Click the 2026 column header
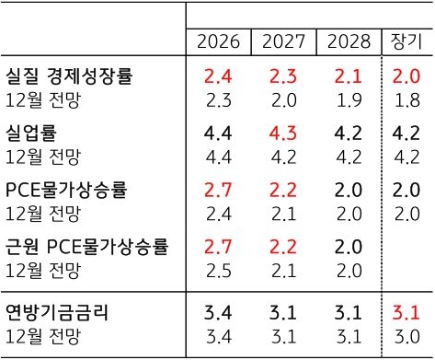tap(218, 41)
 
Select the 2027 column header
tap(283, 41)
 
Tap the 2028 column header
tap(348, 41)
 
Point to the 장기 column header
tap(406, 41)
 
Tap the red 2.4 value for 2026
tap(218, 75)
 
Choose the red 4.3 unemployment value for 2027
tap(283, 133)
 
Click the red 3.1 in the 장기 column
tap(406, 313)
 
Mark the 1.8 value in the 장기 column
tap(406, 99)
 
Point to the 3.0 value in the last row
tap(406, 335)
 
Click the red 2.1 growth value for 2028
tap(348, 75)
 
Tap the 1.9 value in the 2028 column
tap(348, 99)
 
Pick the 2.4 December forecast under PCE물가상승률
tap(218, 213)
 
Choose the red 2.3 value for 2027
tap(283, 75)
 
